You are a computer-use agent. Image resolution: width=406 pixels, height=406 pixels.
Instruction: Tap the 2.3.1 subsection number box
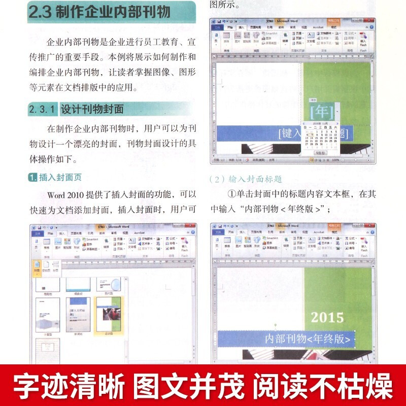43,109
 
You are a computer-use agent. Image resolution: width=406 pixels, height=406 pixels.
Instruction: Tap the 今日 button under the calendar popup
319,152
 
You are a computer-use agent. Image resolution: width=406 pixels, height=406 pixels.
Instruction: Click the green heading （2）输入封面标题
246,179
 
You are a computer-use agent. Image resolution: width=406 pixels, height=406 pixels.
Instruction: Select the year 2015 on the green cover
327,318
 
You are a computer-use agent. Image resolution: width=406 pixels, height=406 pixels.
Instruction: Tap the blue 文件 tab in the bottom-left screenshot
37,233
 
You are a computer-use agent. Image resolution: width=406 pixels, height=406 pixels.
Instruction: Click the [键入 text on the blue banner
291,133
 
